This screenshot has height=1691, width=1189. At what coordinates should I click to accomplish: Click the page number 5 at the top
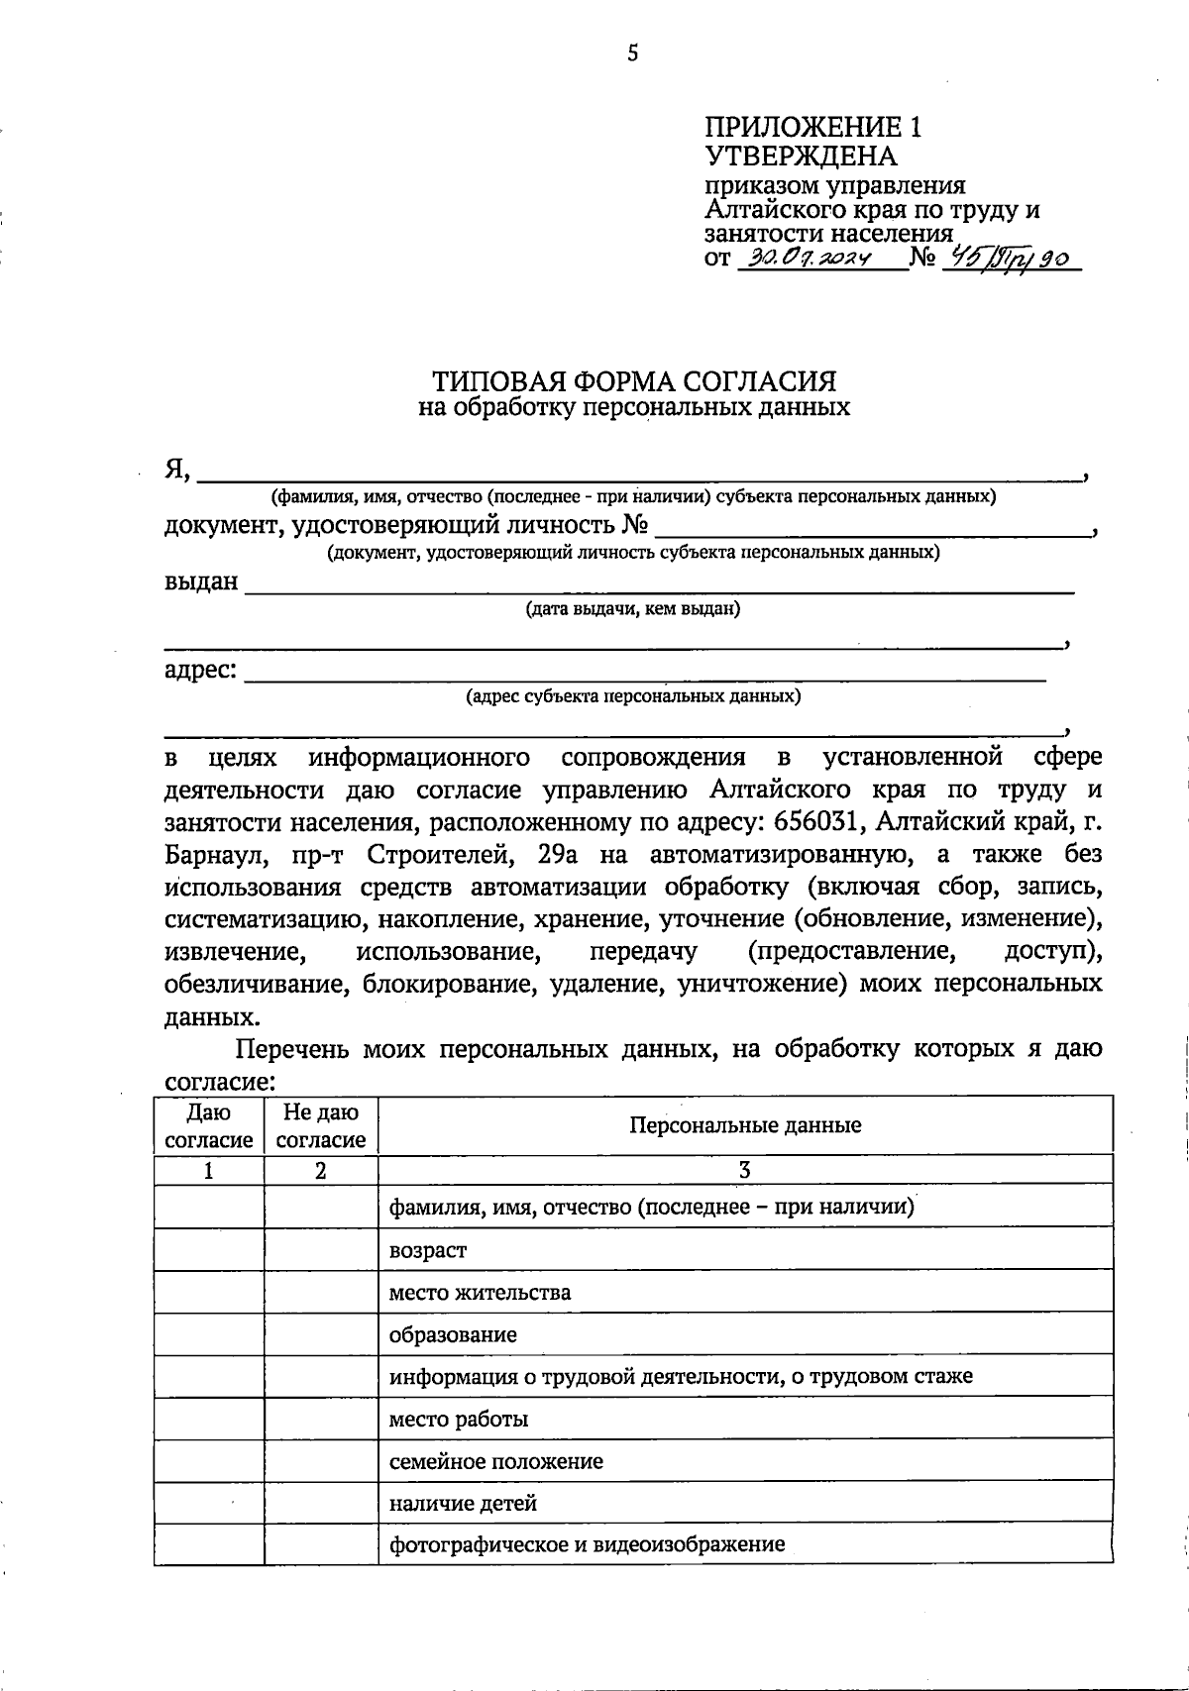[633, 53]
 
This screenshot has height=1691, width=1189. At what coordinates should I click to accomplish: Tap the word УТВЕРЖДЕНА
[800, 157]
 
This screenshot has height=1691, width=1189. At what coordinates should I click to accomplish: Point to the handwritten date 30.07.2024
[810, 260]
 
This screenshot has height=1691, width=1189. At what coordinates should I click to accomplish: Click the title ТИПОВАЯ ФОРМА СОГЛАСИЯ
[634, 380]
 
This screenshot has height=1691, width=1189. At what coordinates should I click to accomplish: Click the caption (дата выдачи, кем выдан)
[633, 608]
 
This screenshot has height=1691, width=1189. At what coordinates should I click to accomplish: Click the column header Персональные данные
[745, 1125]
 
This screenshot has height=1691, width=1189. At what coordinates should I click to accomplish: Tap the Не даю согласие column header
[321, 1126]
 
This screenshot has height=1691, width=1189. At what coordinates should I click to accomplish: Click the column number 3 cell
[745, 1170]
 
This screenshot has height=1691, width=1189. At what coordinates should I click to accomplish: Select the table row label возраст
[428, 1250]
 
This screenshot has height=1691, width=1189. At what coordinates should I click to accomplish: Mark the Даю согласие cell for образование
[209, 1334]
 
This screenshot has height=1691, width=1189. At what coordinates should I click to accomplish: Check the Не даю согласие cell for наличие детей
[321, 1503]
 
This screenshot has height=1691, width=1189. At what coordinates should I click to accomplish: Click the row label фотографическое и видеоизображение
[587, 1544]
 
